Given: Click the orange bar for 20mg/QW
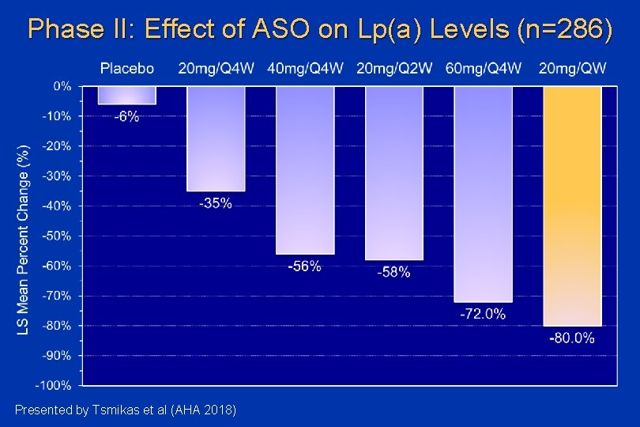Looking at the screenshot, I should pyautogui.click(x=572, y=206).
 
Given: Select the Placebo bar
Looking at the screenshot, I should pyautogui.click(x=126, y=95).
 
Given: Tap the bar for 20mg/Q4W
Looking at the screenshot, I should pyautogui.click(x=216, y=138).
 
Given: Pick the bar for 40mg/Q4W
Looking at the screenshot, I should pyautogui.click(x=305, y=170).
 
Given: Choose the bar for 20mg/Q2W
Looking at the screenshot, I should pyautogui.click(x=394, y=173).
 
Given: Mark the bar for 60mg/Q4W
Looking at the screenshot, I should pyautogui.click(x=483, y=194).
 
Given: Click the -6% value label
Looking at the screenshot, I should pyautogui.click(x=126, y=117).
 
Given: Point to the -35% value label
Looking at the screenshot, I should pyautogui.click(x=216, y=204).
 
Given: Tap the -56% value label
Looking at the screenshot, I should pyautogui.click(x=304, y=267).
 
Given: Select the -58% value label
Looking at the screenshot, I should pyautogui.click(x=393, y=272).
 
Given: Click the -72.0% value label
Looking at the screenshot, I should pyautogui.click(x=483, y=314).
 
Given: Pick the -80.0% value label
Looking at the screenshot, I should pyautogui.click(x=571, y=338).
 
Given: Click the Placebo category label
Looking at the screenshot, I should pyautogui.click(x=126, y=68).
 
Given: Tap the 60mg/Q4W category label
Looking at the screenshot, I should pyautogui.click(x=484, y=68).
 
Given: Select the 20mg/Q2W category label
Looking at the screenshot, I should pyautogui.click(x=394, y=68).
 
